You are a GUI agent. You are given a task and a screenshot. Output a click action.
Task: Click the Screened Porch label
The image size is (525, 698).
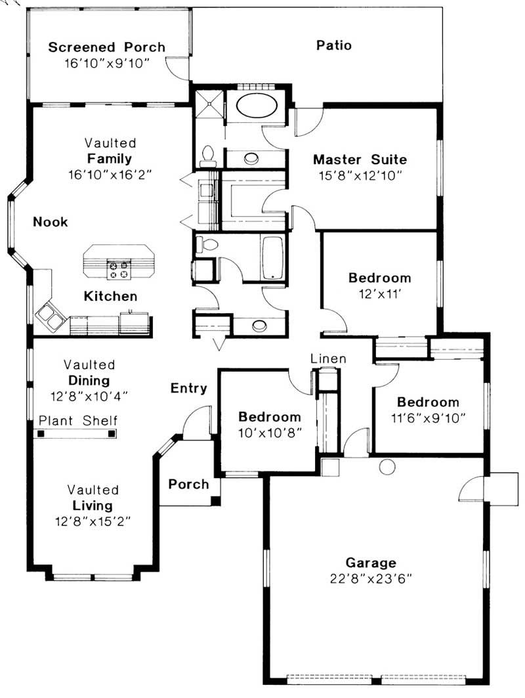107,47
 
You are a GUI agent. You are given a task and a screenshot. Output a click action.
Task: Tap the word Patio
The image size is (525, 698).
334,45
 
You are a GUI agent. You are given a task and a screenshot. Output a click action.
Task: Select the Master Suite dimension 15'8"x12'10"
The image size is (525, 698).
360,175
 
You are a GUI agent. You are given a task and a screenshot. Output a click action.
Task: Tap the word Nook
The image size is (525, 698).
51,222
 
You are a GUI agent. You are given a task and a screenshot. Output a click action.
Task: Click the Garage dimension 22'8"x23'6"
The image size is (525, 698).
371,578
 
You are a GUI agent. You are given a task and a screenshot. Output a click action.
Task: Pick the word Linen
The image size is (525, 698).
328,359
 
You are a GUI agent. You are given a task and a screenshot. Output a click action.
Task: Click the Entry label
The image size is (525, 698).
189,388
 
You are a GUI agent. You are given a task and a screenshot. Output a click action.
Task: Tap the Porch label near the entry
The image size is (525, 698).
188,485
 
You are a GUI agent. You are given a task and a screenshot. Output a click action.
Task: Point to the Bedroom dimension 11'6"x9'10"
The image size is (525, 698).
428,418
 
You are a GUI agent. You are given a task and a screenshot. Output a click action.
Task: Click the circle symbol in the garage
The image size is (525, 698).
387,467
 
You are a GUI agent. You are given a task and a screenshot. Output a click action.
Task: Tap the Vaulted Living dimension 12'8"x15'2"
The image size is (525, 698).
93,522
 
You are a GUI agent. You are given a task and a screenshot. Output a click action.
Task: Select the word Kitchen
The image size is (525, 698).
110,297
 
